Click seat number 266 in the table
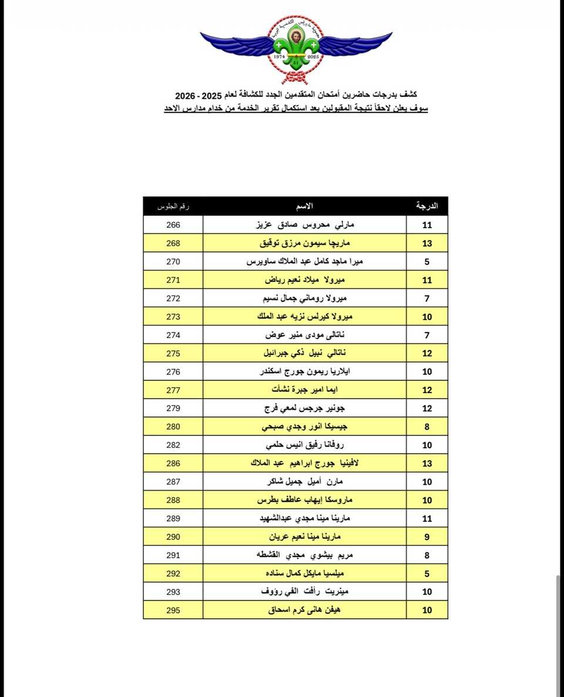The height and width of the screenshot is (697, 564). tap(173, 224)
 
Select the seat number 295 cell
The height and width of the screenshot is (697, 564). tap(173, 610)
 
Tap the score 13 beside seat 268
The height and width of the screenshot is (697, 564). tap(427, 243)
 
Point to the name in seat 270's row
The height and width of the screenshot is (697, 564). tap(305, 262)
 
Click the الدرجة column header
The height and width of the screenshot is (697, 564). tap(427, 206)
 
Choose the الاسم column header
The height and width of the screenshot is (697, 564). tap(304, 206)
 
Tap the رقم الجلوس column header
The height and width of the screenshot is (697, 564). tap(173, 206)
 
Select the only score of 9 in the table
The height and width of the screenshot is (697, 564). tap(427, 537)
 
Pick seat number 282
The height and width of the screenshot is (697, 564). tap(173, 445)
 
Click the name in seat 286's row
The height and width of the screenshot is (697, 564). tap(305, 463)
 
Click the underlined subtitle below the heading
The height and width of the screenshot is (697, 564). tap(296, 109)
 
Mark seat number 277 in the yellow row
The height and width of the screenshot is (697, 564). tap(173, 390)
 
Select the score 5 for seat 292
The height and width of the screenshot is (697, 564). tap(427, 574)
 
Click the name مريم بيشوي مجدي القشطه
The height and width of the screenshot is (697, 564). tap(305, 555)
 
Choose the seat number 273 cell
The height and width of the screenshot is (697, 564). tap(173, 316)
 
